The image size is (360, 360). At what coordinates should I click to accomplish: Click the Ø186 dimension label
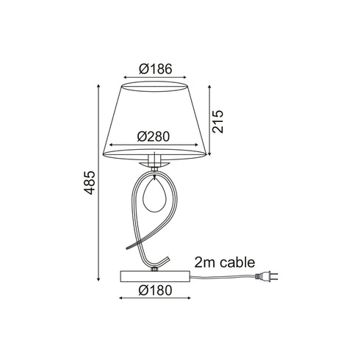(x=156, y=69)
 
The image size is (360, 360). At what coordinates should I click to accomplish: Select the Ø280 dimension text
(x=154, y=137)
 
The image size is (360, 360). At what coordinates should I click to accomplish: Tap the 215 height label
(x=217, y=121)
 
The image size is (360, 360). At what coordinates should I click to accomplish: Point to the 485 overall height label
(x=89, y=183)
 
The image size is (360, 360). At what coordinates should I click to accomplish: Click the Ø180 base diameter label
(x=155, y=290)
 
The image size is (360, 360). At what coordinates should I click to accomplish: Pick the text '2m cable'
(x=225, y=262)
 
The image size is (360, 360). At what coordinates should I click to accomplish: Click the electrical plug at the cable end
(x=267, y=276)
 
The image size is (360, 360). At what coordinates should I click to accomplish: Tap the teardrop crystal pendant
(x=154, y=193)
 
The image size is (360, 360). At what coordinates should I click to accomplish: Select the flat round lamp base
(x=155, y=276)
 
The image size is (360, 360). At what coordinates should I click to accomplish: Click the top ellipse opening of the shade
(x=156, y=87)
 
